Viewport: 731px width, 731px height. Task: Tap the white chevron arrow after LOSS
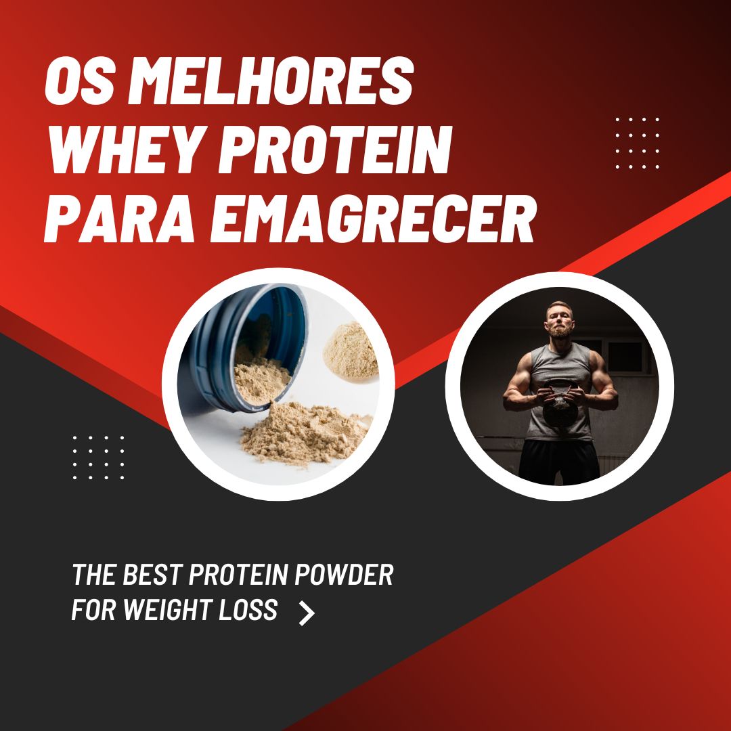(x=307, y=612)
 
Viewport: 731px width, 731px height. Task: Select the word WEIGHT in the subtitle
(x=171, y=610)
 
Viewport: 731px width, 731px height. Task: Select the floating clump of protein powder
(x=351, y=349)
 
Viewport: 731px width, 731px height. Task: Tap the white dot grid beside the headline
(x=637, y=142)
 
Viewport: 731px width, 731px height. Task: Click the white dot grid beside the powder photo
(x=98, y=457)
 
